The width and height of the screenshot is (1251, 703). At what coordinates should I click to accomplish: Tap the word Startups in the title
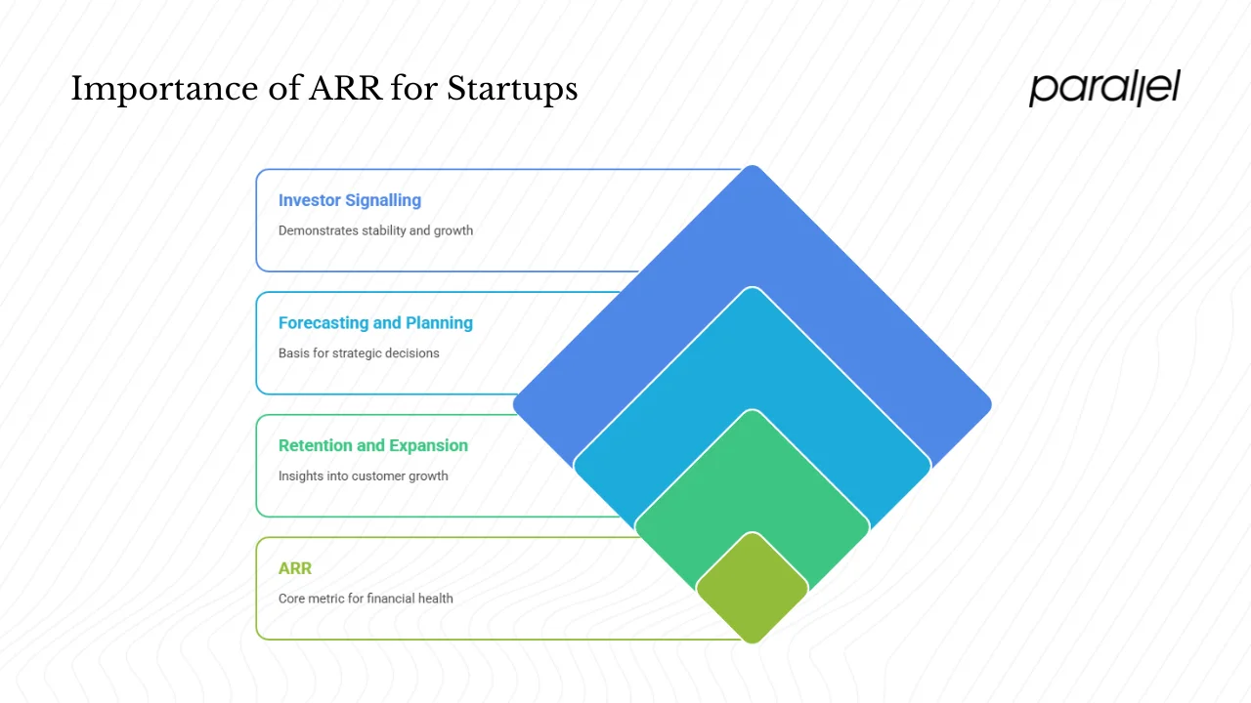coord(512,90)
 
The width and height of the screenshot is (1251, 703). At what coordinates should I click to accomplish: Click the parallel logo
coord(1104,88)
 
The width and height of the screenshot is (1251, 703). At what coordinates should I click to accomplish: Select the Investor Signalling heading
coord(349,200)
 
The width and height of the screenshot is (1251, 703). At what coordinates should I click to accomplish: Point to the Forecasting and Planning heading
coord(375,323)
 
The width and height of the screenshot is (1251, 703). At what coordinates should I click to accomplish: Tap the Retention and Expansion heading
coord(372,445)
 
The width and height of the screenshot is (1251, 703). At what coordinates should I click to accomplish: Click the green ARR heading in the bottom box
coord(294,568)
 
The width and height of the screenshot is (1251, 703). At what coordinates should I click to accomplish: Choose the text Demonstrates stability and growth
coord(375,230)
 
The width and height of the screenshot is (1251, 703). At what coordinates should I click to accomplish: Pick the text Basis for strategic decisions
coord(359,353)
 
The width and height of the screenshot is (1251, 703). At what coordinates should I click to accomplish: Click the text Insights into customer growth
coord(363,476)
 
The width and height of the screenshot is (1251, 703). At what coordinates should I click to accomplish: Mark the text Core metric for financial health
coord(366,599)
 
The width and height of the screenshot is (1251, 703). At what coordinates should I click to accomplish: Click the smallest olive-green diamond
coord(752,588)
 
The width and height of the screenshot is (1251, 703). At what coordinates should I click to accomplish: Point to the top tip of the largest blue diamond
coord(752,168)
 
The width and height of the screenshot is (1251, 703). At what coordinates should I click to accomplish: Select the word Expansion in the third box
coord(428,445)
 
